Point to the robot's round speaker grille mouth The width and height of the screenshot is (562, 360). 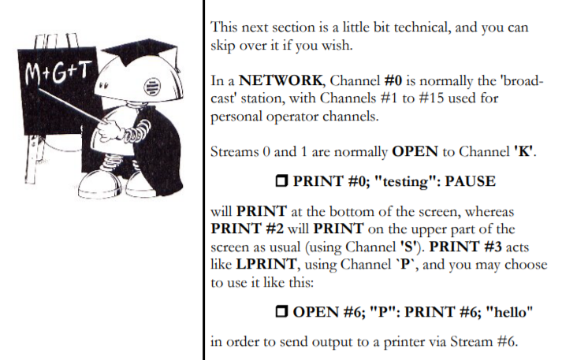pos(151,87)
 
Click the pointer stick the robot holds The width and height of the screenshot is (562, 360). pos(73,106)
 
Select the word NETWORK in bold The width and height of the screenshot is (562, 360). pos(281,80)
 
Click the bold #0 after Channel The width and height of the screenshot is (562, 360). pos(393,80)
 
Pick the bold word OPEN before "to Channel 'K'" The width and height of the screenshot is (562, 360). pos(415,151)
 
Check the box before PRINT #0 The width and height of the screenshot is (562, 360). pos(281,181)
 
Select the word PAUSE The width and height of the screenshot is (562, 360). pos(471,181)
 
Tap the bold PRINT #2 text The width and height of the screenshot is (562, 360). pos(247,228)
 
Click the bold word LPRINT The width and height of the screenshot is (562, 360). pos(266,265)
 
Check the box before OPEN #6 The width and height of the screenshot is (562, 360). pos(281,312)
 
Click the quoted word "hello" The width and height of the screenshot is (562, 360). pos(509,312)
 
